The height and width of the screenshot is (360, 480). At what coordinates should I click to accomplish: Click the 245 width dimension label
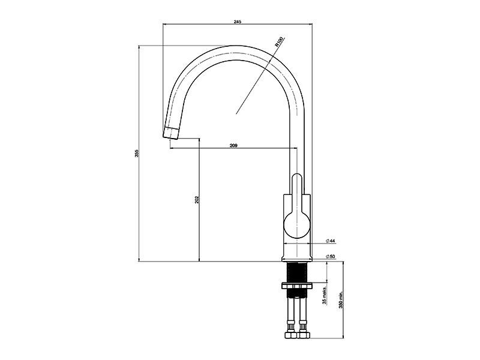pos(238,22)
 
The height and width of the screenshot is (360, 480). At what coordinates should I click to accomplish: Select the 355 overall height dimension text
pos(137,154)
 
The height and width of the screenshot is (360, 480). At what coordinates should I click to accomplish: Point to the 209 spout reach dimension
pos(233,145)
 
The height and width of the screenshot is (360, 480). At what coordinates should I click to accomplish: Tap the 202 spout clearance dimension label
pos(197,200)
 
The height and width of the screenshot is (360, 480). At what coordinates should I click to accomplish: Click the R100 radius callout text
pos(279,41)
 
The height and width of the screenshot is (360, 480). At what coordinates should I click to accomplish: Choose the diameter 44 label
pos(331,241)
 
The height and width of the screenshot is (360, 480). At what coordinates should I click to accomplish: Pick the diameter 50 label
pos(331,257)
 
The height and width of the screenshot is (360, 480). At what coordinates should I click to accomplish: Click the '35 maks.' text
pos(325,295)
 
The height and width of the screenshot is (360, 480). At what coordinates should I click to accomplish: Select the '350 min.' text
pos(341,299)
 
